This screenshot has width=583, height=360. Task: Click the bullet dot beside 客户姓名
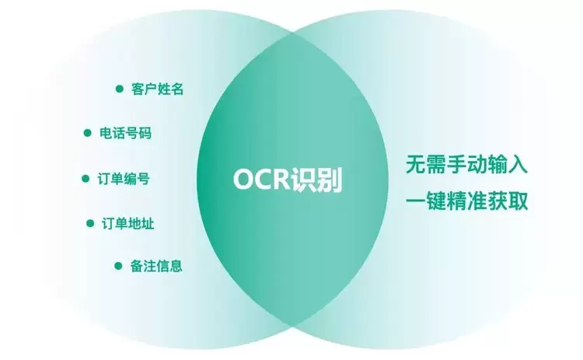click(x=120, y=89)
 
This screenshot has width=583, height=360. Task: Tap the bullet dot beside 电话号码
click(x=87, y=133)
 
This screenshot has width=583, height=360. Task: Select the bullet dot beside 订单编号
click(x=86, y=179)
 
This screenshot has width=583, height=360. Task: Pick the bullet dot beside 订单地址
click(x=90, y=223)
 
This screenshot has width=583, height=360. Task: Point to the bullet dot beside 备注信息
click(x=118, y=266)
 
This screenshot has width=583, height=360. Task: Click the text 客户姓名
click(x=157, y=89)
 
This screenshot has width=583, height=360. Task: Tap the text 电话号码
click(x=125, y=133)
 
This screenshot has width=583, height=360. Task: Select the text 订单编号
click(x=124, y=179)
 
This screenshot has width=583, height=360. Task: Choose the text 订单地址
click(x=128, y=223)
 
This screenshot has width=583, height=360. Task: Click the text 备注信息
click(x=156, y=266)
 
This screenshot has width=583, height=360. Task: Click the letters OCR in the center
click(x=261, y=180)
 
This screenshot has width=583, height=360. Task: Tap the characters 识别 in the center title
click(x=316, y=180)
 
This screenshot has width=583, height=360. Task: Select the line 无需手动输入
click(x=466, y=164)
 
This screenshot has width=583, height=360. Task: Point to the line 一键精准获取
click(x=466, y=201)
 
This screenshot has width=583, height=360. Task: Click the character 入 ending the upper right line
click(x=518, y=164)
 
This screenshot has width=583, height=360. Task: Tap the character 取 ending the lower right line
click(x=518, y=201)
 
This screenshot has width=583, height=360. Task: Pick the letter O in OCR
click(x=243, y=180)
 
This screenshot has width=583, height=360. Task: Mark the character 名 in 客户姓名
click(x=177, y=89)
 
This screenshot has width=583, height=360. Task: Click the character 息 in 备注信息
click(x=176, y=266)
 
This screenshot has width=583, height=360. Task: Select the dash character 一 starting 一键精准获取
click(x=415, y=201)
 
